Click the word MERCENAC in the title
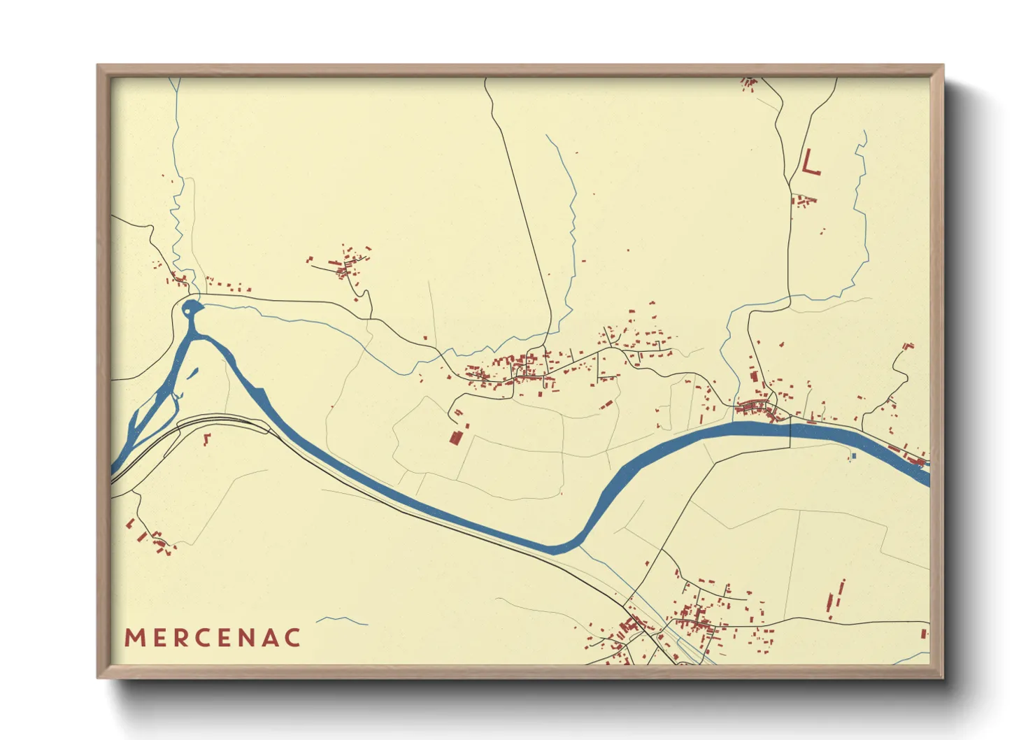pos(213,637)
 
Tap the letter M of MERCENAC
pos(134,638)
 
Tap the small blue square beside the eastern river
pos(853,456)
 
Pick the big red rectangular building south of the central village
pos(456,437)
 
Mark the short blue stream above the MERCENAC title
pos(341,620)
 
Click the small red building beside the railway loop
pos(206,439)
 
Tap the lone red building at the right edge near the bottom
pos(924,634)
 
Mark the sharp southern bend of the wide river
pos(559,548)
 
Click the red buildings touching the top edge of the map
pos(749,83)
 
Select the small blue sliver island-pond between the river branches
pos(192,373)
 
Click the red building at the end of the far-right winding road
pos(908,346)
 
